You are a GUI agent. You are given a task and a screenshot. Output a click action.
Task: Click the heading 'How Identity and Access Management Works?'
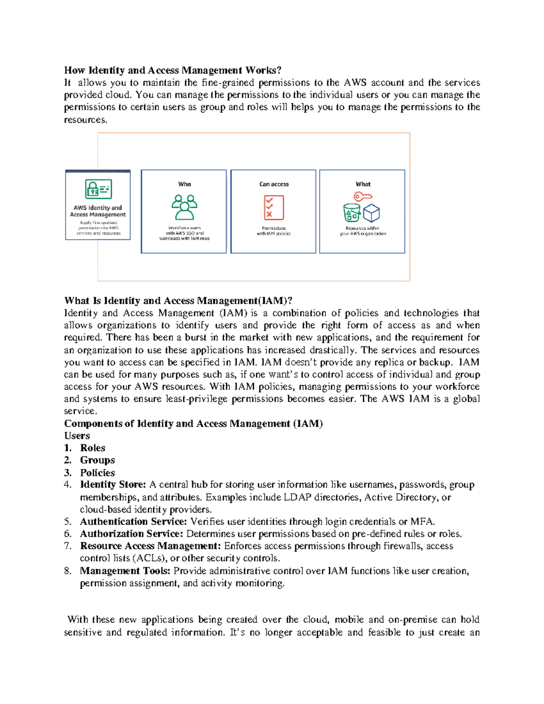coord(173,70)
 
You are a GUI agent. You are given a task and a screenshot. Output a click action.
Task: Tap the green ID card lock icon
coord(98,189)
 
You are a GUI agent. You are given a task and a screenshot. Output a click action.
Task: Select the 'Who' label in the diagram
coord(185,184)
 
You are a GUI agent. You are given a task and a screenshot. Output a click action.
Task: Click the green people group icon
coord(185,208)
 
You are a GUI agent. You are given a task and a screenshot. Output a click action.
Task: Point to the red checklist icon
coord(274,208)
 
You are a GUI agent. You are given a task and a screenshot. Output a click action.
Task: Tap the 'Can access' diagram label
coord(274,184)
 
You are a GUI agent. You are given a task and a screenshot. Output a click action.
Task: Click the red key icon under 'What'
coord(363,196)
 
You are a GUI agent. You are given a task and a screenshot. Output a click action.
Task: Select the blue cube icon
coord(371,213)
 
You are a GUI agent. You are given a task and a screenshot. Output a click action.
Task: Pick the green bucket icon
coord(352,213)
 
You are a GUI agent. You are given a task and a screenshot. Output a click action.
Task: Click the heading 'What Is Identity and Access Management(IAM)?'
coord(178,301)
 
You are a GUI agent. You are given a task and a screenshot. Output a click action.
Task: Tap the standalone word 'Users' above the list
coord(77,436)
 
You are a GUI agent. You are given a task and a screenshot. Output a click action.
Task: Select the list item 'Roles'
coord(92,448)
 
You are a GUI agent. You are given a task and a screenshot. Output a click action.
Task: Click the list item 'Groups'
coord(97,460)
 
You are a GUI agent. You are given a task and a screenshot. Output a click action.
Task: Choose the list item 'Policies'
coord(97,472)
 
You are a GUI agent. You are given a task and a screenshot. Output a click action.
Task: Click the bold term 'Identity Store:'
coord(113,485)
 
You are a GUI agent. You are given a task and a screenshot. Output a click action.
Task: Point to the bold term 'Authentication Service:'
coord(133,522)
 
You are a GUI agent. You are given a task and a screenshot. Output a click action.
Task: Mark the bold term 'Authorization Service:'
coord(131,534)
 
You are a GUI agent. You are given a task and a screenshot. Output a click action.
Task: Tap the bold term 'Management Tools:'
coord(125,571)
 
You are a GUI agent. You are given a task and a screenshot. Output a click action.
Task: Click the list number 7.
coord(68,546)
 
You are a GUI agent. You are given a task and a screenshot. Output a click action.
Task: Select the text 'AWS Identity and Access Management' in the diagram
coord(98,211)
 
